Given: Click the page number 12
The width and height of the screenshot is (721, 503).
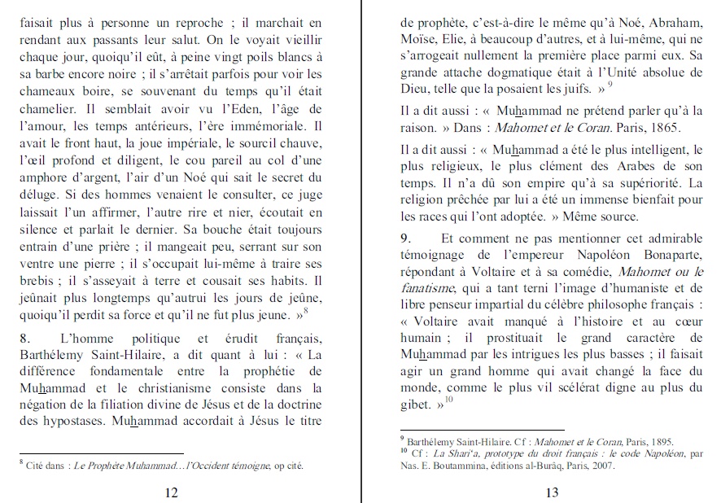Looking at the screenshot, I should click(x=171, y=492).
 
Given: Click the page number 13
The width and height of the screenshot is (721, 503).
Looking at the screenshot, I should click(x=552, y=492).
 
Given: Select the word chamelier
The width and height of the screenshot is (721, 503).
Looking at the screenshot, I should click(x=46, y=109).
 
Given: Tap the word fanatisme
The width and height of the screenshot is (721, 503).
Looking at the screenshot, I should click(x=430, y=288).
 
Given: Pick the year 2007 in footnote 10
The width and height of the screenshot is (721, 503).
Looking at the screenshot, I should click(x=602, y=466).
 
